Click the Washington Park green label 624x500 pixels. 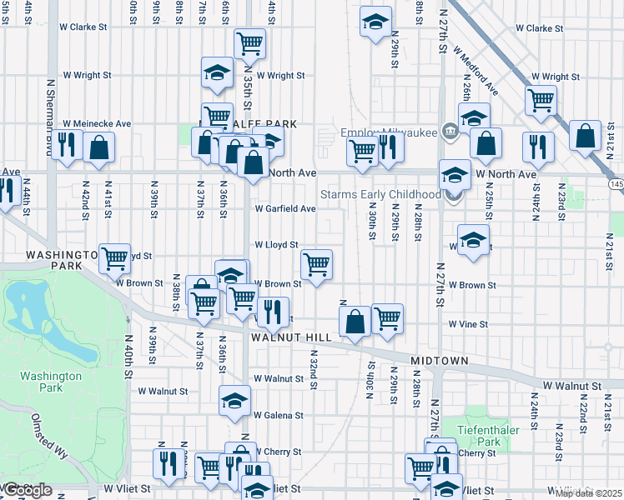pyautogui.click(x=51, y=382)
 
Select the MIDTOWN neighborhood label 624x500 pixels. pyautogui.click(x=439, y=362)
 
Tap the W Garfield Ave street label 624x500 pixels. pyautogui.click(x=284, y=208)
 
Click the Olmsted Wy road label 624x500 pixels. pyautogui.click(x=49, y=437)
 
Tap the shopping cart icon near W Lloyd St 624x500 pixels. pyautogui.click(x=316, y=265)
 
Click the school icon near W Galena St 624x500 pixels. pyautogui.click(x=234, y=401)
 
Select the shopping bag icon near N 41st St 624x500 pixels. pyautogui.click(x=98, y=147)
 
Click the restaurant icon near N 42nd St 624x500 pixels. pyautogui.click(x=67, y=147)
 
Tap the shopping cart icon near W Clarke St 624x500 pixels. pyautogui.click(x=249, y=43)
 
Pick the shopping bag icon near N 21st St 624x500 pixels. pyautogui.click(x=586, y=134)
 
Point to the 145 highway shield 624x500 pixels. pyautogui.click(x=616, y=183)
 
